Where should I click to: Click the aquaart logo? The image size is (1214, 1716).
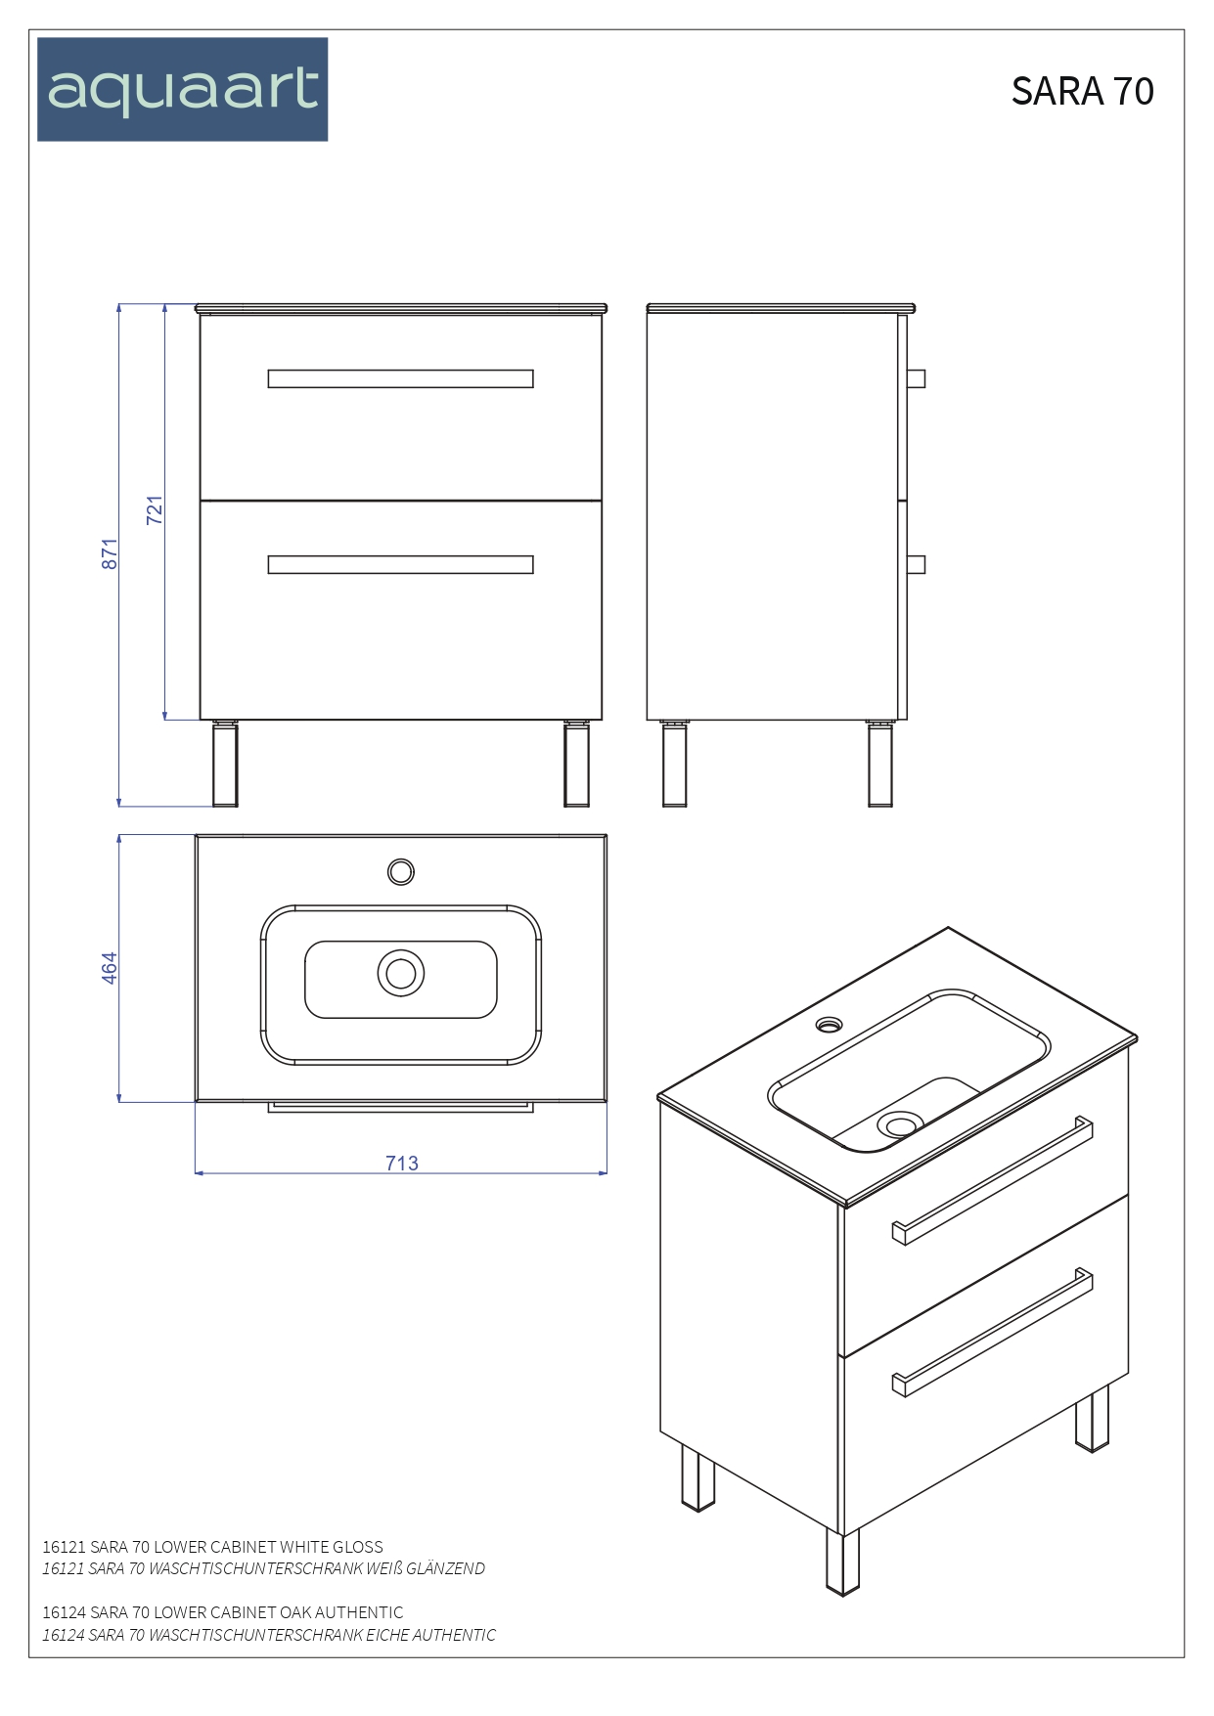pos(183,90)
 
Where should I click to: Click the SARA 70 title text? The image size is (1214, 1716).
pos(1082,91)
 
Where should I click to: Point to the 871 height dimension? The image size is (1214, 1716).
pos(110,553)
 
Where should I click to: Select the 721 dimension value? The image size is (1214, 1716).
pos(155,510)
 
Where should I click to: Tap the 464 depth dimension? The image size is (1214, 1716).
pos(110,967)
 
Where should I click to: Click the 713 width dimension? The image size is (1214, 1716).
pos(401,1163)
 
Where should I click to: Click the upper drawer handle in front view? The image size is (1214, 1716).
pos(400,378)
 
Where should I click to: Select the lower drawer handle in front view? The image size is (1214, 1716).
pos(400,564)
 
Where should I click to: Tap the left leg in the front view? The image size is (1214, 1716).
pos(225,765)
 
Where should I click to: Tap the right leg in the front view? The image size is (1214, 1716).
pos(576,765)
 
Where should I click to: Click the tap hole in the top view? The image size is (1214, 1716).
pos(400,871)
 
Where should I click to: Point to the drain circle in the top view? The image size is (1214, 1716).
pos(400,973)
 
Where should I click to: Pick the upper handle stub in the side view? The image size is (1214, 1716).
pos(916,378)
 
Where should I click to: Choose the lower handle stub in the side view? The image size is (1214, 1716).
pos(916,564)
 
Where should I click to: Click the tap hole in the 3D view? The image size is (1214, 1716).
pos(829,1025)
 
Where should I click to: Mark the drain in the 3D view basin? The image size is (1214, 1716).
pos(899,1125)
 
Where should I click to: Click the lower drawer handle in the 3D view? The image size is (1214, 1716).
pos(993,1332)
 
